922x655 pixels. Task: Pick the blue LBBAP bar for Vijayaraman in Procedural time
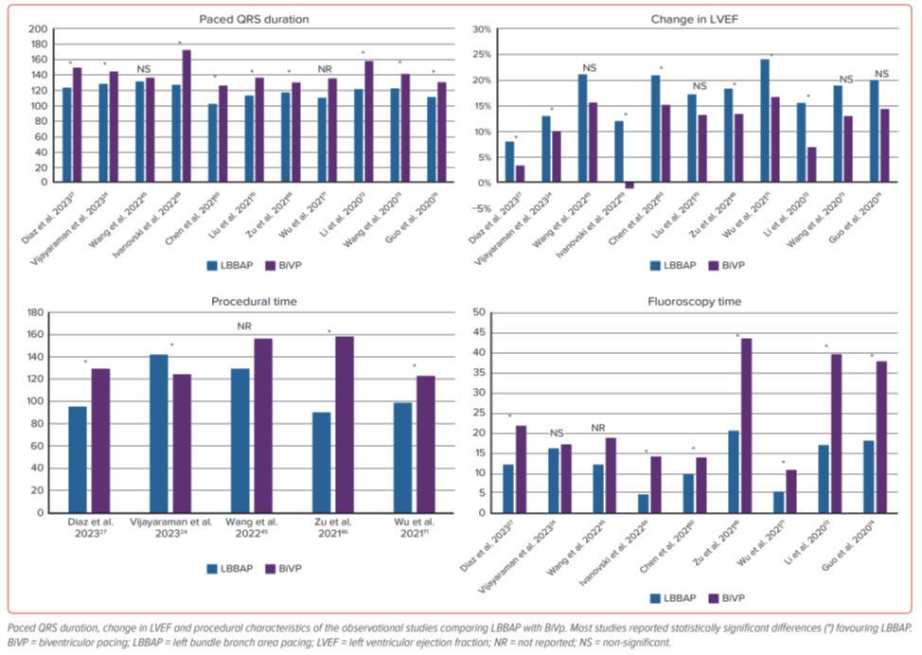pyautogui.click(x=159, y=434)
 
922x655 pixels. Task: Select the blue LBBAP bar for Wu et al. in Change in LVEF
pyautogui.click(x=765, y=121)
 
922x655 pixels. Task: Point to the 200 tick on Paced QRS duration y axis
pyautogui.click(x=39, y=29)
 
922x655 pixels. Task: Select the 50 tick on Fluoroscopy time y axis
pyautogui.click(x=479, y=312)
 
